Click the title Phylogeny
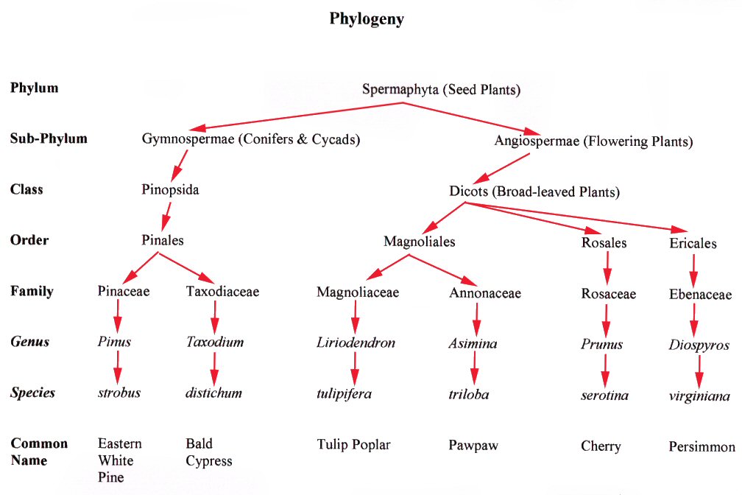tap(366, 19)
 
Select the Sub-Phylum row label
tap(49, 138)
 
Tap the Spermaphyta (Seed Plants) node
tap(441, 90)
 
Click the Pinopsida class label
tap(170, 189)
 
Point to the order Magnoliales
tap(420, 241)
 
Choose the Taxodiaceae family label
tap(222, 291)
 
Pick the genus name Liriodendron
tap(356, 343)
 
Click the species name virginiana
tap(699, 396)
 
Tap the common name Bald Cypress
tap(208, 452)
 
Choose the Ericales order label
tap(693, 243)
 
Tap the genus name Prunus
tap(601, 344)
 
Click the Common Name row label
tap(39, 452)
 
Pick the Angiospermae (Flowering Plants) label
tap(594, 141)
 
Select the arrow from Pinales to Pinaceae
tap(139, 267)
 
